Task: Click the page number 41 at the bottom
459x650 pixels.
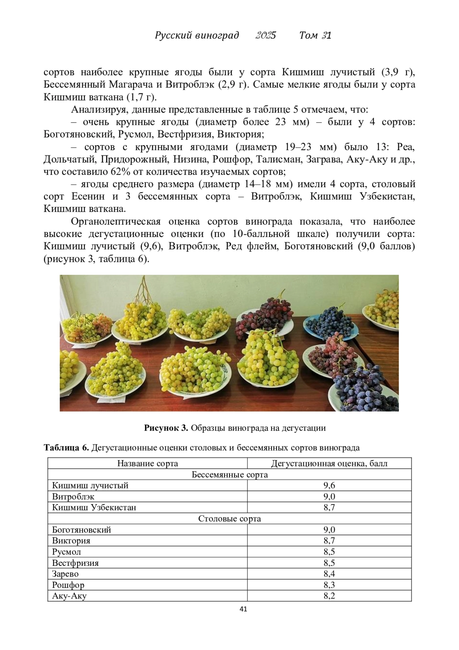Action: pos(243,609)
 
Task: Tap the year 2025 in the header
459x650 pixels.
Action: pos(265,35)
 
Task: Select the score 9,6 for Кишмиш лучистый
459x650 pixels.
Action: pos(329,485)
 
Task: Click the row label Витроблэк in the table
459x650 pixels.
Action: pos(73,496)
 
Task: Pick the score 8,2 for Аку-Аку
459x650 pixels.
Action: pos(329,596)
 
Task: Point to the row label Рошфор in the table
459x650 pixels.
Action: pos(68,585)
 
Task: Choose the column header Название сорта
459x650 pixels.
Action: pos(147,463)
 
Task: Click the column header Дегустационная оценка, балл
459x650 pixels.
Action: pos(329,463)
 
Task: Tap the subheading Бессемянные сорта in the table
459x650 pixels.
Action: pos(229,474)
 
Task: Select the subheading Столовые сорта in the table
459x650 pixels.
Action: pos(229,519)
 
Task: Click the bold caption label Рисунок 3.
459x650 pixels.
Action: pos(166,428)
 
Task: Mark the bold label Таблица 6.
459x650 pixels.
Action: pos(66,447)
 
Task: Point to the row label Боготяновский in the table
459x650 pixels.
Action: pos(81,530)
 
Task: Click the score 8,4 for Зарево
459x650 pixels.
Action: pos(329,574)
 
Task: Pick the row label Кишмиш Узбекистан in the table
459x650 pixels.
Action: pos(94,508)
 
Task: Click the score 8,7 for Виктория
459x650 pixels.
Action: pos(329,541)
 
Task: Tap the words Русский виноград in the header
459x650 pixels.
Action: pos(197,35)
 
